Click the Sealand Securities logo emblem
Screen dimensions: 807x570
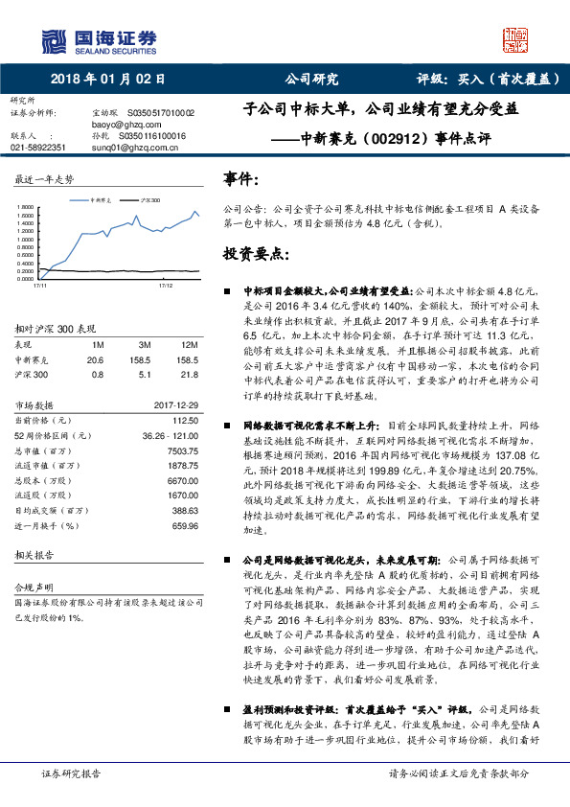tap(57, 39)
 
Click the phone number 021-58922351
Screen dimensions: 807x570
tap(38, 148)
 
